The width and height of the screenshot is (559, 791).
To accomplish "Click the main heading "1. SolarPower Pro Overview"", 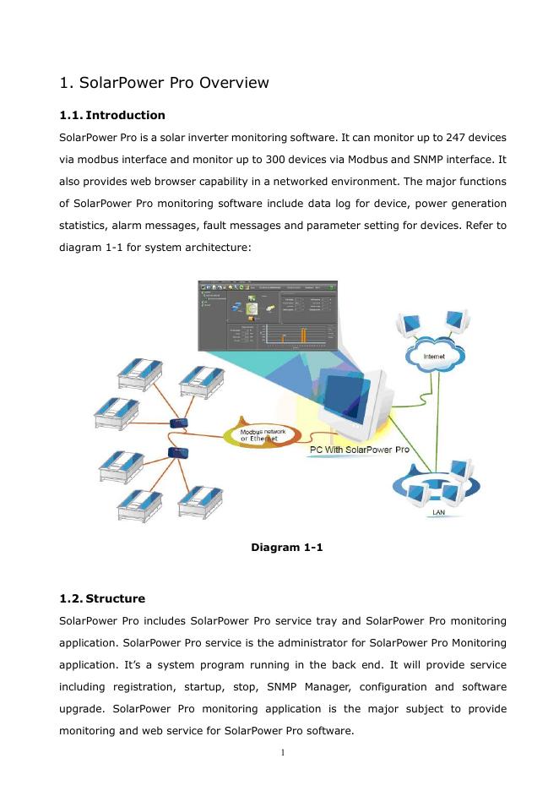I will pyautogui.click(x=165, y=83).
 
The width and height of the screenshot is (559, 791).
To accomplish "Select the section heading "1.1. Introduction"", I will pyautogui.click(x=112, y=115).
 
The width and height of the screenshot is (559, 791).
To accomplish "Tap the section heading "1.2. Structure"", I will pyautogui.click(x=102, y=598).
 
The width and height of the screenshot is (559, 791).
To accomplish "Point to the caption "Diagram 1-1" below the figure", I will pyautogui.click(x=287, y=548).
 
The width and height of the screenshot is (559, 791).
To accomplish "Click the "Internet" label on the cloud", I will pyautogui.click(x=434, y=357).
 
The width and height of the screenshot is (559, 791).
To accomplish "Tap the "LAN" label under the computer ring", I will pyautogui.click(x=439, y=512).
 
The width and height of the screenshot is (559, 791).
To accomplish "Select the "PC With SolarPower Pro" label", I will pyautogui.click(x=359, y=450).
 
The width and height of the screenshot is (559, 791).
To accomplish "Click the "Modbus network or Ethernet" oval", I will pyautogui.click(x=263, y=434).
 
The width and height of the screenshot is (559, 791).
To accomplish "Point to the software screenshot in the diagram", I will pyautogui.click(x=267, y=314).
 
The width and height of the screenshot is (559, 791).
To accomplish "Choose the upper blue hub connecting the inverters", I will pyautogui.click(x=178, y=423).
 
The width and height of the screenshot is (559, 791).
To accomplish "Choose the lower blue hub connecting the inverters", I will pyautogui.click(x=178, y=453).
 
